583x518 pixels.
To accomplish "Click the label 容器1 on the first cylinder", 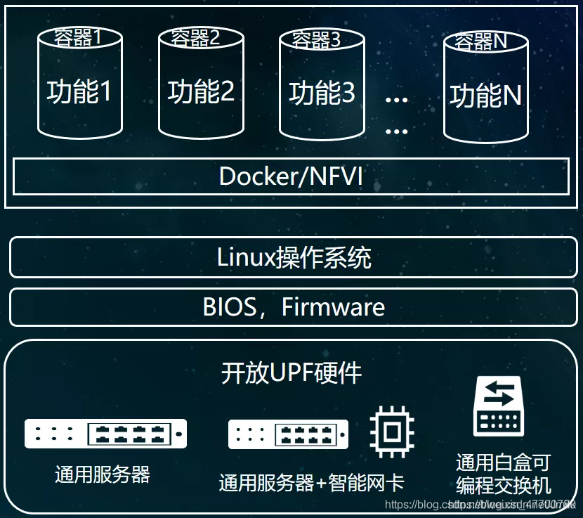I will [78, 37].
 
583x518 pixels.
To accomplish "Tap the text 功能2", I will [201, 91].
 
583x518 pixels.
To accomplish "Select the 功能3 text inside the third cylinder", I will [322, 93].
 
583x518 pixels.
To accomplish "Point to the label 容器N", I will [481, 41].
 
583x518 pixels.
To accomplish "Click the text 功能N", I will [486, 96].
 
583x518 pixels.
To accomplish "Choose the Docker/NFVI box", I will [291, 176].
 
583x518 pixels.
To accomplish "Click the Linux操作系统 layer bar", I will [294, 258].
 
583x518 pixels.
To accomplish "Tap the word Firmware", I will [333, 307].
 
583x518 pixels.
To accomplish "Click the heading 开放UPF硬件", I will [291, 373].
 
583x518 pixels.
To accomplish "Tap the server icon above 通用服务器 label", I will [105, 434].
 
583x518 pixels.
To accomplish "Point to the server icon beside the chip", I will [288, 434].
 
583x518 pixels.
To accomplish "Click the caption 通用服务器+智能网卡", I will [311, 483].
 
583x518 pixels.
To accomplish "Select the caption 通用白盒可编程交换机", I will [503, 474].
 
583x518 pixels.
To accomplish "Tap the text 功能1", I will [79, 91].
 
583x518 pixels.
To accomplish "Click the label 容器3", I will [316, 40].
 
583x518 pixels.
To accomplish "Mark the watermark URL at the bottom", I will [485, 505].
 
